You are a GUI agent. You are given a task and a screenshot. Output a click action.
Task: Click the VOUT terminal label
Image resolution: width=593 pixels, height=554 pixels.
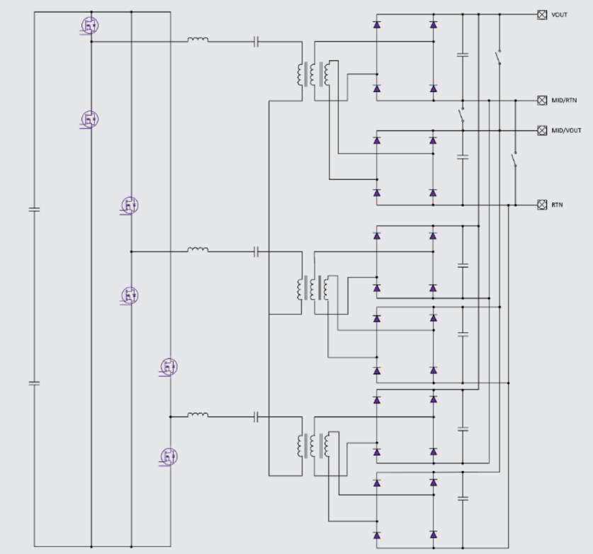[559, 14]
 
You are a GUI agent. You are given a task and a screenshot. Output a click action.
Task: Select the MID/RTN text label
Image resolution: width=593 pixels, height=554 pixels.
[565, 101]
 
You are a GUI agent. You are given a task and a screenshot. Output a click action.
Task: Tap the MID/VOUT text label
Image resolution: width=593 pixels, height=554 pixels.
[566, 130]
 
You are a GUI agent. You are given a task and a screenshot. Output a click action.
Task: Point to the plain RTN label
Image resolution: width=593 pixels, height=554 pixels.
[558, 205]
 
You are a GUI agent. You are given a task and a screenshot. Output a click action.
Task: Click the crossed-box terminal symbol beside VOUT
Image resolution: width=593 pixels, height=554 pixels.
[542, 14]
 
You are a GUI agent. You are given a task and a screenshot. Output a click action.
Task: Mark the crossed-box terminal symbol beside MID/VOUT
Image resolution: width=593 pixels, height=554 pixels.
[542, 130]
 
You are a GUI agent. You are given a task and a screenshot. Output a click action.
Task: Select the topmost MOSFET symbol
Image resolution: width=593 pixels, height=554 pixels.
[89, 26]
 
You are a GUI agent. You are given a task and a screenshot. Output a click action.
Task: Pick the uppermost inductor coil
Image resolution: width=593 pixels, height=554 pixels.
[198, 40]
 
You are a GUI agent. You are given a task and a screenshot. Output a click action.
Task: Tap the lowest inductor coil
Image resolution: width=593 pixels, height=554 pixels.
[198, 414]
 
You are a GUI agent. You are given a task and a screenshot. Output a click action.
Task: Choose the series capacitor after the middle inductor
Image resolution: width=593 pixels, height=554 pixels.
[256, 251]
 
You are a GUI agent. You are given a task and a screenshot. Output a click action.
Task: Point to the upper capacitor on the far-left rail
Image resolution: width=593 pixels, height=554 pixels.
[33, 209]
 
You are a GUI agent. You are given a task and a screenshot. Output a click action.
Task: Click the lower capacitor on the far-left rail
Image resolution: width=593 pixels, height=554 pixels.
[33, 383]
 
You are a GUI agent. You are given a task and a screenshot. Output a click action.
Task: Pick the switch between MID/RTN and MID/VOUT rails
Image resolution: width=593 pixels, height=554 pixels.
[462, 115]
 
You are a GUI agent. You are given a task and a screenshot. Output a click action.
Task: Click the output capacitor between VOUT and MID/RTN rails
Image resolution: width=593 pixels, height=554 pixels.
[463, 54]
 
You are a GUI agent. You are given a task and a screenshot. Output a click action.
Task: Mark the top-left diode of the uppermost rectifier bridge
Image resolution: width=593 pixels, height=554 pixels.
[377, 25]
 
